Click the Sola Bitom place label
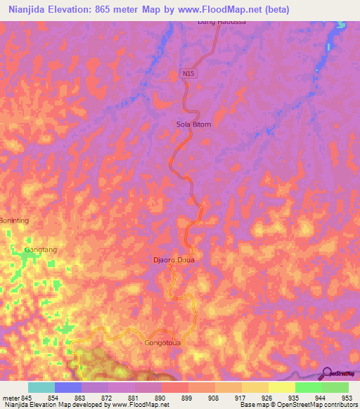coord(193,124)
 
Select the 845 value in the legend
coord(27,397)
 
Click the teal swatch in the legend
coord(41,387)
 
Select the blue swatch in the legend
coord(67,387)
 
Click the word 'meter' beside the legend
coord(10,397)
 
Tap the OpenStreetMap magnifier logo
coord(327,373)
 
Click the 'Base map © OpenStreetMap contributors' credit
coord(298,405)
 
